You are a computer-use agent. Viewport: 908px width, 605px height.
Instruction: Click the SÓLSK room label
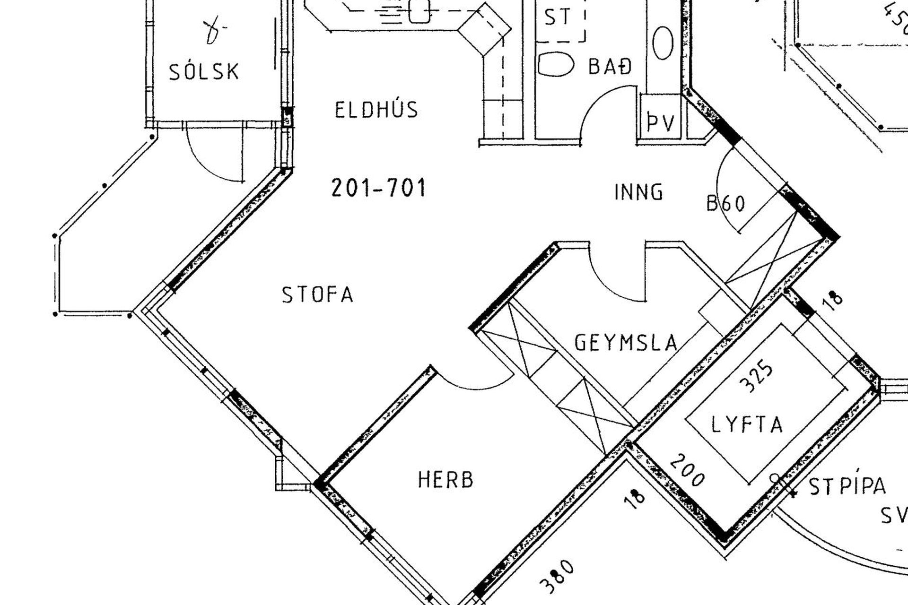tap(204, 71)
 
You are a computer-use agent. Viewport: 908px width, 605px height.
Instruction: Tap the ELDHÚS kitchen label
tap(376, 110)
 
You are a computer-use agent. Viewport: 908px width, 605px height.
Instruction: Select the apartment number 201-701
tap(378, 188)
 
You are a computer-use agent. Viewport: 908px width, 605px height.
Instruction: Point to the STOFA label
tap(317, 294)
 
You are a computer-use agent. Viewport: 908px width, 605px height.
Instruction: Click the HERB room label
tap(445, 480)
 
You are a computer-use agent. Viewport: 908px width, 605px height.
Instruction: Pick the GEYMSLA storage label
tap(626, 342)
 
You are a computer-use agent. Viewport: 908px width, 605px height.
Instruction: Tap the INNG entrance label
tap(638, 192)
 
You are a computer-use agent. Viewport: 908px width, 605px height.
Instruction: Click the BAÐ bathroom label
tap(610, 66)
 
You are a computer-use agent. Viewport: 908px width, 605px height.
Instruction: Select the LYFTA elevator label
tap(747, 424)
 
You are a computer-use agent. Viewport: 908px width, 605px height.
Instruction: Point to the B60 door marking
tap(726, 203)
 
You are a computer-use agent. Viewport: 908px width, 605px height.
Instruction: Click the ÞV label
tap(661, 123)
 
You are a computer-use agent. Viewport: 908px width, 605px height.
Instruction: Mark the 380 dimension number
tap(558, 577)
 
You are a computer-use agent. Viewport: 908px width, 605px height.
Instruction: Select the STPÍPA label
tap(847, 486)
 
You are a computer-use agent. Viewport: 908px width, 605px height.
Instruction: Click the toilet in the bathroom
tap(555, 64)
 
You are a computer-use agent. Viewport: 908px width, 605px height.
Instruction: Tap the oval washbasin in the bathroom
tap(663, 43)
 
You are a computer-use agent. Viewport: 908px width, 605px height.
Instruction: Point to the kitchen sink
tap(419, 11)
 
